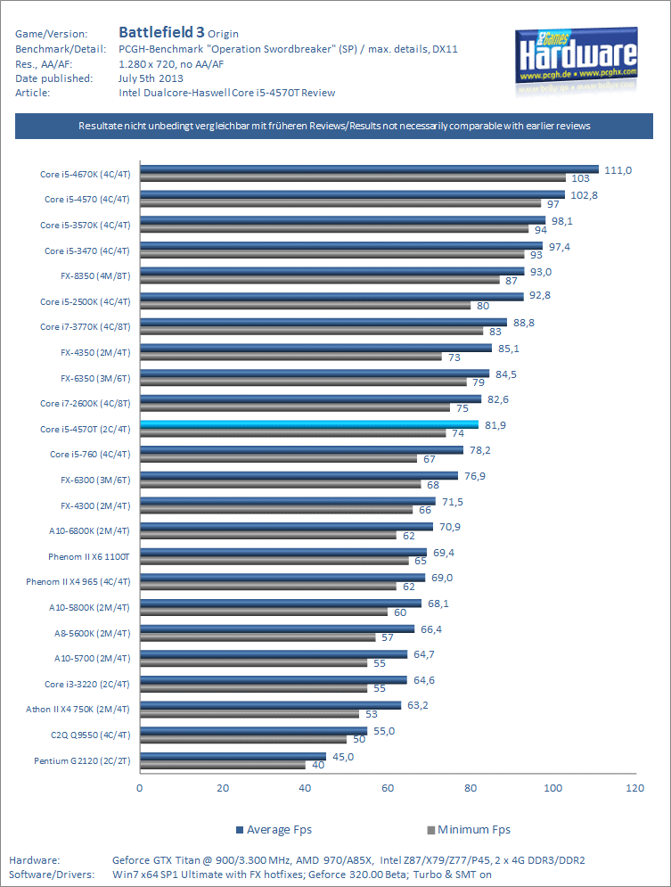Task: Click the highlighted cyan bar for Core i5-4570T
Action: (309, 424)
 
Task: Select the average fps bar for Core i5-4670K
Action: (369, 168)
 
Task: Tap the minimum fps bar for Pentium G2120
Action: (223, 765)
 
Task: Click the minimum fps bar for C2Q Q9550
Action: (243, 739)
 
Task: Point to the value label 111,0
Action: (618, 170)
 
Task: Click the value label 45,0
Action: (343, 757)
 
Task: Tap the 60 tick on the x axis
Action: (388, 788)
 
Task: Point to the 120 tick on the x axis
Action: (634, 788)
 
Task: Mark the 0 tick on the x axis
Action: (140, 788)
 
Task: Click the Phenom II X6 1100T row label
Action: (89, 557)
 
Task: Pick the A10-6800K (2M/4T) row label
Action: (89, 531)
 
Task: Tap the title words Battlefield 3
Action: (161, 32)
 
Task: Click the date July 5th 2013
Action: (151, 78)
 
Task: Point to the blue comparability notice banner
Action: (335, 127)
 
